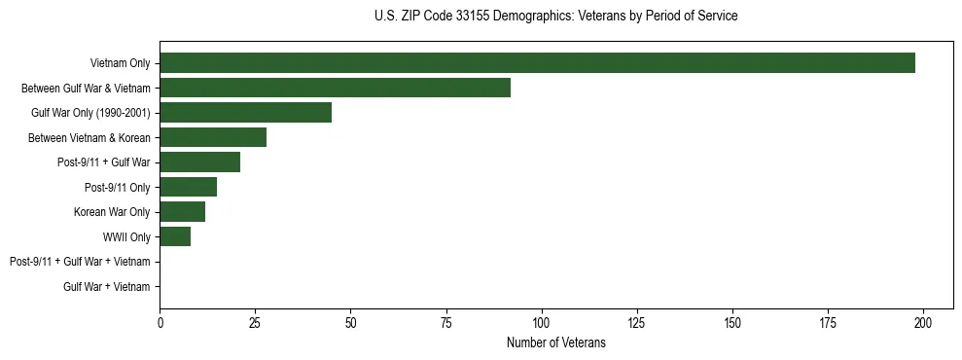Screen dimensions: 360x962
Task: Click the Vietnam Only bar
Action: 537,63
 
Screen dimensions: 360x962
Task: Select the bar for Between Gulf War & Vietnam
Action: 335,88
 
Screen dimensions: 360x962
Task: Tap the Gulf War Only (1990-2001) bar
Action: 245,113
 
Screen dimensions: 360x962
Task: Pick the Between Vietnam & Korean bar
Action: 213,137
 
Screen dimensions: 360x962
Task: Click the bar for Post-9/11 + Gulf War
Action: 199,162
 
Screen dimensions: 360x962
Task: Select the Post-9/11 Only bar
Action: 188,187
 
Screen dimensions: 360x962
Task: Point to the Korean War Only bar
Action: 182,212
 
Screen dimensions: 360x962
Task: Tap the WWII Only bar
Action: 175,236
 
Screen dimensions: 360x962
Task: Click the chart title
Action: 555,17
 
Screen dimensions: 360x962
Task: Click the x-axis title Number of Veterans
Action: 555,342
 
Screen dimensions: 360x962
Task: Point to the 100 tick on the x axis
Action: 542,322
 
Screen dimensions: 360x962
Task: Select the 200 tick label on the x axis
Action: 923,322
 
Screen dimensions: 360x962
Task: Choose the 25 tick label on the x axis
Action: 255,322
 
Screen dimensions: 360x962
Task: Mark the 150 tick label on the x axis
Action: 732,322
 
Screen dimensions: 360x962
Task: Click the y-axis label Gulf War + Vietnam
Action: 107,286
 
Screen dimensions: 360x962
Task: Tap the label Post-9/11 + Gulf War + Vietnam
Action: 80,262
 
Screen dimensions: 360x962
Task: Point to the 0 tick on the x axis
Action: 160,322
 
